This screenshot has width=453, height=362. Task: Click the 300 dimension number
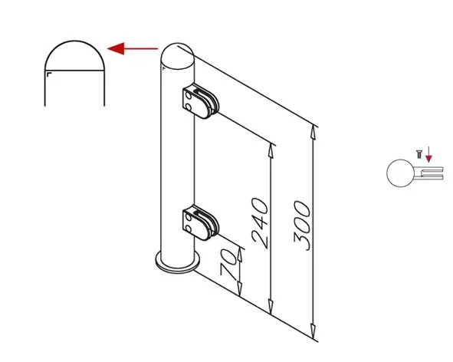coord(303,225)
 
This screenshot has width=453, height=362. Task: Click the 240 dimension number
coord(261,223)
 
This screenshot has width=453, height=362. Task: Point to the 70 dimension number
coord(228,263)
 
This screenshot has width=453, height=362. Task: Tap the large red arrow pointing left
coord(133,48)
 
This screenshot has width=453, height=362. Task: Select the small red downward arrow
coord(428,154)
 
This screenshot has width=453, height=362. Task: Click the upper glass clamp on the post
coord(201,101)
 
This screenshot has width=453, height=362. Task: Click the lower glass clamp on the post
coord(201,222)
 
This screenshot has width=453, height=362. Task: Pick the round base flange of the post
coord(177,263)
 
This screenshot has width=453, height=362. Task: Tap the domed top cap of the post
coord(177,56)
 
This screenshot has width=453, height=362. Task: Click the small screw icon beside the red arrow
coord(419,154)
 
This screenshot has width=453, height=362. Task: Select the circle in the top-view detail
coord(400,173)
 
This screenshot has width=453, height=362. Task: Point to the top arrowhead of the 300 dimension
coord(313,133)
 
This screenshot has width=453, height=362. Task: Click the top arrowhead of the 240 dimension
coord(271,150)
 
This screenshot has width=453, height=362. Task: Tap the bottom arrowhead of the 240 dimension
coord(271,307)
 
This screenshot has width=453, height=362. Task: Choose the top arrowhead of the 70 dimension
coord(239,255)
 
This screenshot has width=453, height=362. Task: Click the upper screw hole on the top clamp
coord(188,95)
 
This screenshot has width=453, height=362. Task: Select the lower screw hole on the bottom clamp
coord(188,229)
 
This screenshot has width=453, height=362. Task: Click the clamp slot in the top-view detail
coord(432,173)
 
